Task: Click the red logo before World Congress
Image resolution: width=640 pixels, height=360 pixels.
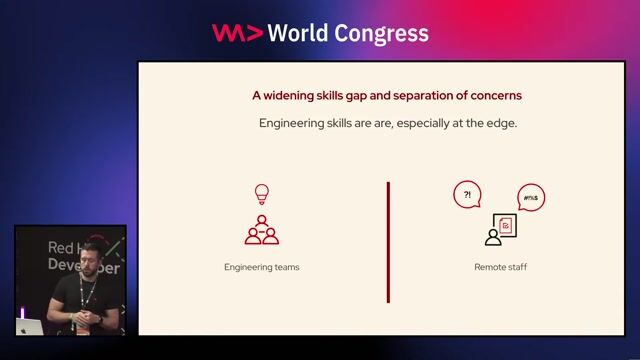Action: click(237, 33)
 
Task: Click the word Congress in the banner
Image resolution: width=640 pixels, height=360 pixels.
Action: click(380, 33)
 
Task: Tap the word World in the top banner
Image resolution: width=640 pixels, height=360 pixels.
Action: click(299, 33)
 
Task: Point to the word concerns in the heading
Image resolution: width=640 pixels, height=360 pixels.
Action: click(491, 96)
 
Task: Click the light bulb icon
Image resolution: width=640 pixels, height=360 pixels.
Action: click(262, 194)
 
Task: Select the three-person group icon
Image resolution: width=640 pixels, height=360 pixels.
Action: click(262, 230)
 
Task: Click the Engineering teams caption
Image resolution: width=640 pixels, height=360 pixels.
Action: click(262, 268)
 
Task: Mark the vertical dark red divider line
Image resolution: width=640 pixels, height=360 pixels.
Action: click(388, 241)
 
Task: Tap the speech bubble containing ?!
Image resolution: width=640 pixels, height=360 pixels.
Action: click(467, 195)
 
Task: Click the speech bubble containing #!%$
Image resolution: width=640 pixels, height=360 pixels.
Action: click(531, 199)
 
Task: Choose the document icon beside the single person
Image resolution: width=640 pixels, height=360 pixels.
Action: click(507, 228)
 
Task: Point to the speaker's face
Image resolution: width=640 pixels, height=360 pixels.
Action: click(92, 256)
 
